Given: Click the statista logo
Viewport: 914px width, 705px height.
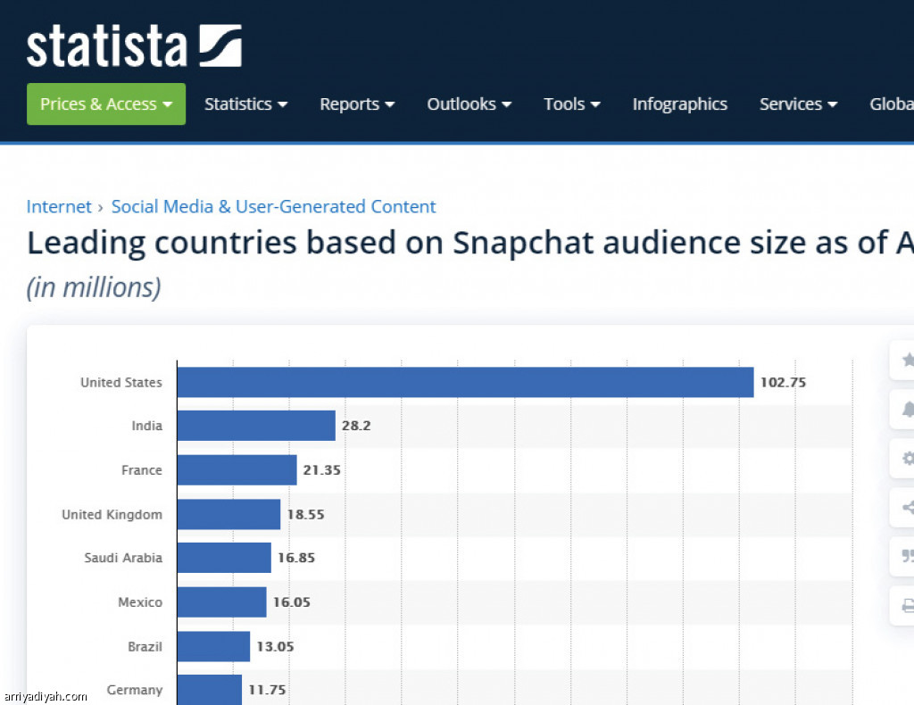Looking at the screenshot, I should coord(134,46).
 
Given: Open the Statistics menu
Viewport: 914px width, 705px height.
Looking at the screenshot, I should coord(245,104).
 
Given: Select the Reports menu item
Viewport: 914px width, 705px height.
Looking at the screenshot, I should coord(357,104).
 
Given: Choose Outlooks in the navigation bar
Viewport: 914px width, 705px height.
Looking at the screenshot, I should coord(469,104).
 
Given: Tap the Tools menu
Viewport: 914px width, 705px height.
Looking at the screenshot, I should coord(571,104).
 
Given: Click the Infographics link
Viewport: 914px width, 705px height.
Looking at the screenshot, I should coord(679,104).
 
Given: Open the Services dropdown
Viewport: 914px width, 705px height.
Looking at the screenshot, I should coord(798,104).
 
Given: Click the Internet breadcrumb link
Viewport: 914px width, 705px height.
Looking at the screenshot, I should coord(59,207).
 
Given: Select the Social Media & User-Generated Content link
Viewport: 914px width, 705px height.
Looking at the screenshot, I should coord(273,207).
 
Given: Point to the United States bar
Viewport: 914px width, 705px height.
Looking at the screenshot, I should coord(464,382).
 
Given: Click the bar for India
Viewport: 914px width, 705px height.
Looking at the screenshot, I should coord(255,426).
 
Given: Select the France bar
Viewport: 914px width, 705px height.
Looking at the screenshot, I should coord(237,470).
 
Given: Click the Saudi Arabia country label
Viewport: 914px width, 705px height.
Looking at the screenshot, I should coord(123,558).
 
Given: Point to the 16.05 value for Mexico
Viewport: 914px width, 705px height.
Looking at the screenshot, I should coord(291,602).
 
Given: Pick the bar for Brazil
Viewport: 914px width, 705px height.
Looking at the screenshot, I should coord(213,646).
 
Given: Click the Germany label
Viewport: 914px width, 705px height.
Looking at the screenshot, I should coord(135,690).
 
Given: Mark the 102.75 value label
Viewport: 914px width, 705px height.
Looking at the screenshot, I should coord(783,382).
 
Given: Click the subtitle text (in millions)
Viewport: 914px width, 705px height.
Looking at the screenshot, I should coord(94,288).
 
